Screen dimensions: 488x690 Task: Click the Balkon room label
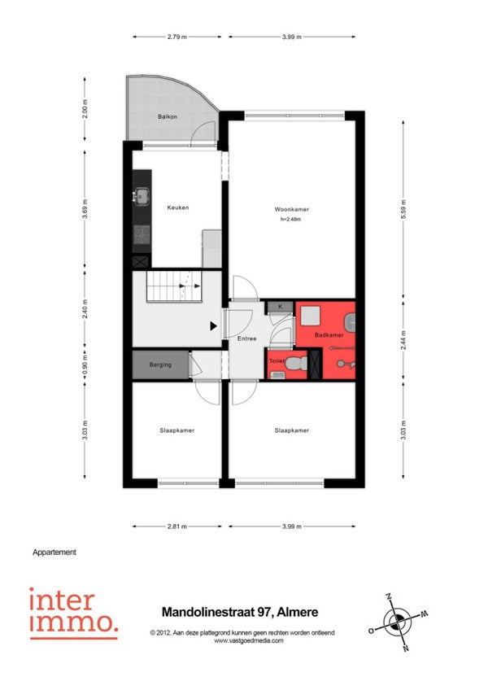168,116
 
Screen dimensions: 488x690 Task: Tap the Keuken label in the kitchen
178,207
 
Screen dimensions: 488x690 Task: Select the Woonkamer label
291,209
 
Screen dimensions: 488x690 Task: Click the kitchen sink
142,196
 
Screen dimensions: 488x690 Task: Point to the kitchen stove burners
142,234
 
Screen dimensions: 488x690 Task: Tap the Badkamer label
329,335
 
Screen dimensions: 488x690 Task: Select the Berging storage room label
160,365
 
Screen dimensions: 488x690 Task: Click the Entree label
246,338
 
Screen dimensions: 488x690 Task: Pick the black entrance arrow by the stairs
213,326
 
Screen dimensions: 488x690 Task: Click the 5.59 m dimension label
403,209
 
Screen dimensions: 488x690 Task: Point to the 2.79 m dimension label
176,37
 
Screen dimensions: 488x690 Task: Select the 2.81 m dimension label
176,526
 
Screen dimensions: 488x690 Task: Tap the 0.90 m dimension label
85,365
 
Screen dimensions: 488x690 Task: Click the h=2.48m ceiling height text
291,219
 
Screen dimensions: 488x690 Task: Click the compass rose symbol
399,622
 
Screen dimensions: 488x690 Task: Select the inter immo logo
74,613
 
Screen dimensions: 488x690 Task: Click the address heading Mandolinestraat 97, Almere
240,612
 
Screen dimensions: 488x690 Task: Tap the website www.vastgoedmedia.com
249,640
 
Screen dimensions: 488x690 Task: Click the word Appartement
54,552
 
